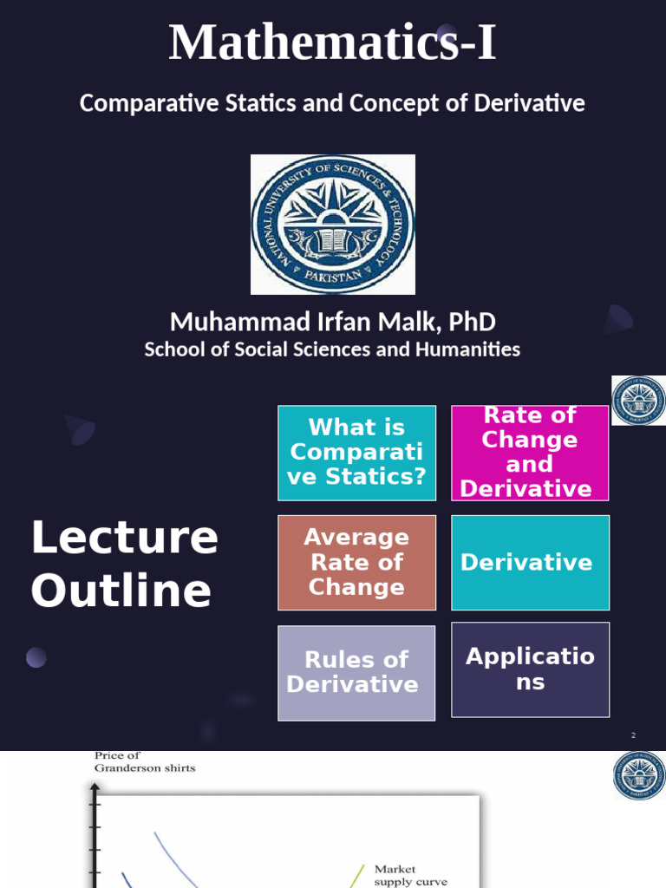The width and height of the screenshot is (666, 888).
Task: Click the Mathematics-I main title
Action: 332,42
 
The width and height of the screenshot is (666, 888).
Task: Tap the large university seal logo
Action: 333,225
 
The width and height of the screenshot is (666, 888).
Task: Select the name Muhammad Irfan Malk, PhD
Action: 333,322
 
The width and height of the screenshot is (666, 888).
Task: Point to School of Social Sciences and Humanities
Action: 332,349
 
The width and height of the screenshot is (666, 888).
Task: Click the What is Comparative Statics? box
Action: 356,452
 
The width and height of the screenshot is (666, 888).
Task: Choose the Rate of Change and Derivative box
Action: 530,452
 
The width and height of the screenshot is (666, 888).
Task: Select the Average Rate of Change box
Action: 356,562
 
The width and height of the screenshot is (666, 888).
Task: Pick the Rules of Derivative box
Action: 356,672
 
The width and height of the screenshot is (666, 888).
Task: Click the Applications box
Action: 530,669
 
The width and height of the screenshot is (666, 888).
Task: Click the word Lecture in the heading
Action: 124,538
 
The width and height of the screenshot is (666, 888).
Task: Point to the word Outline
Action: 121,591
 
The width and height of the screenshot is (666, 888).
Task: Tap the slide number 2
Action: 633,735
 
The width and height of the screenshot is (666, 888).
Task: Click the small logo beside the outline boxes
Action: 639,401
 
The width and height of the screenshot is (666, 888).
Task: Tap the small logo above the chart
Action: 639,775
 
